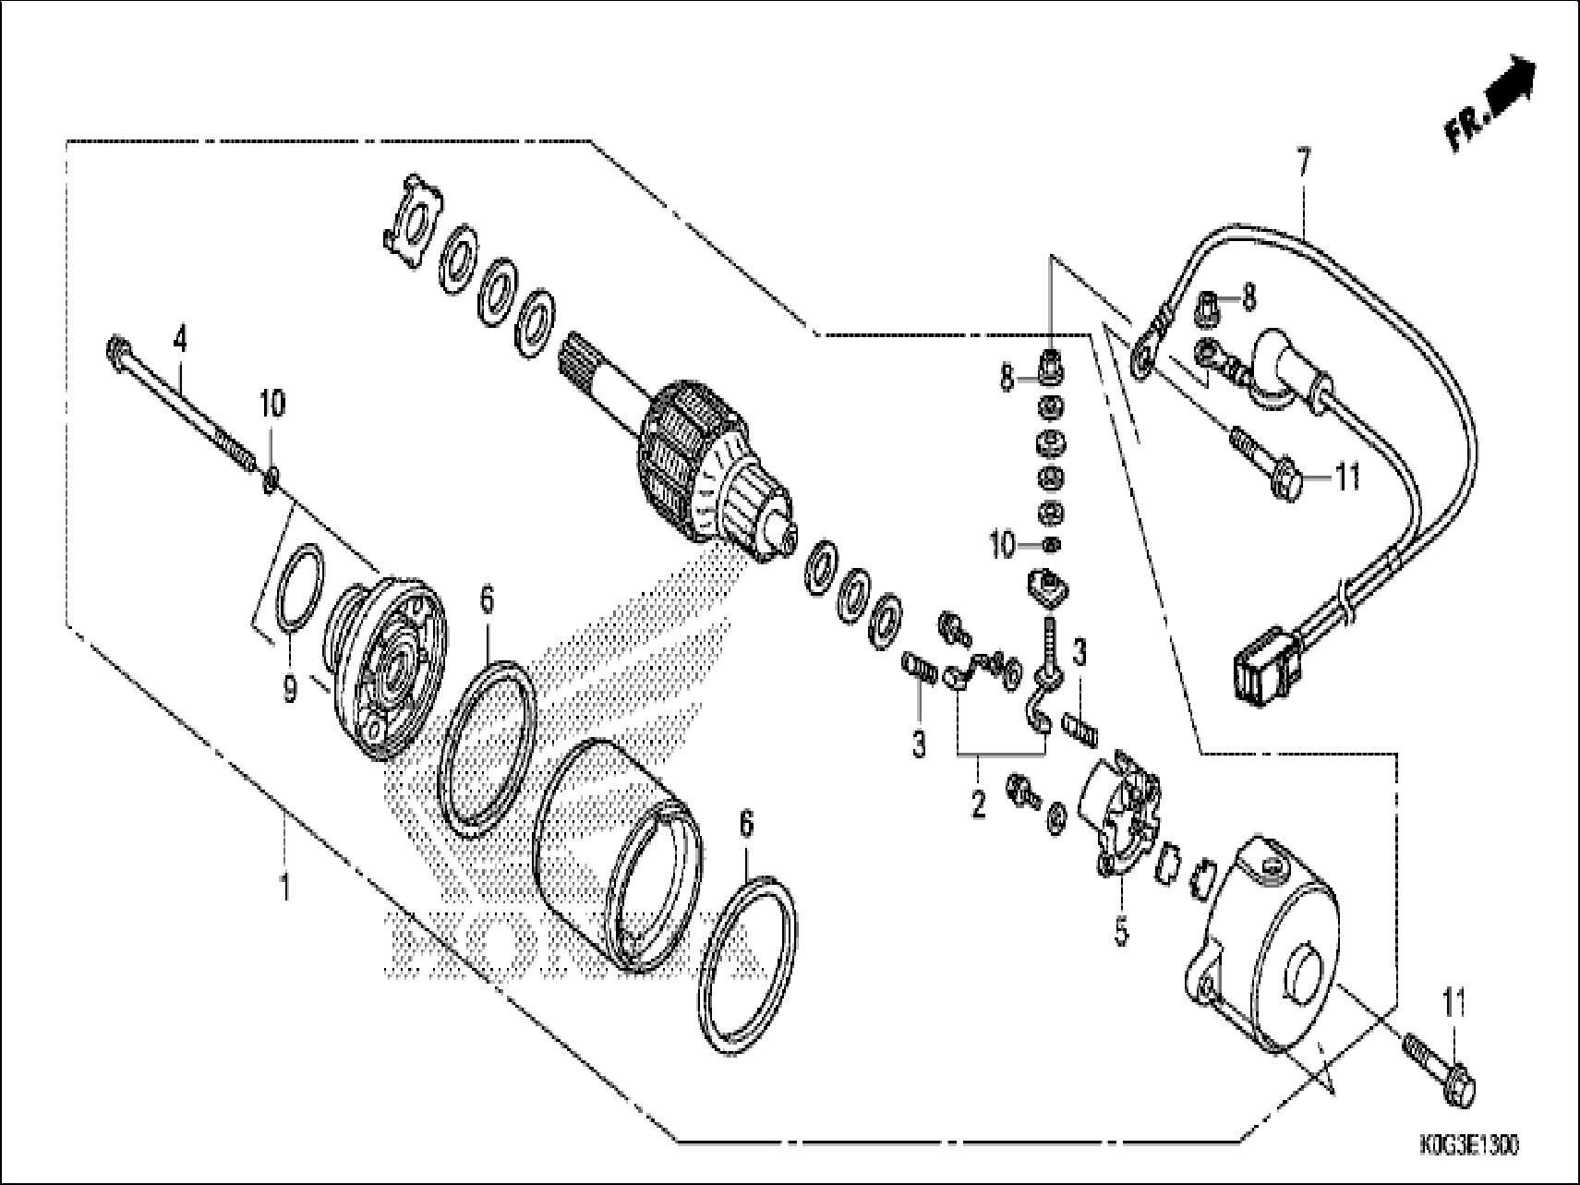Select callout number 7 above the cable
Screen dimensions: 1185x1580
click(x=1303, y=167)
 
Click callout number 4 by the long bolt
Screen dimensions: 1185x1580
click(x=180, y=341)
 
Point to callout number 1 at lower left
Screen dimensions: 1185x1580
click(x=285, y=887)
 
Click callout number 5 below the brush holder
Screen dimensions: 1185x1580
click(x=1121, y=931)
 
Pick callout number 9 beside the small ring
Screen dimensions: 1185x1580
click(x=290, y=689)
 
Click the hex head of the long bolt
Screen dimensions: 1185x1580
click(x=117, y=352)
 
